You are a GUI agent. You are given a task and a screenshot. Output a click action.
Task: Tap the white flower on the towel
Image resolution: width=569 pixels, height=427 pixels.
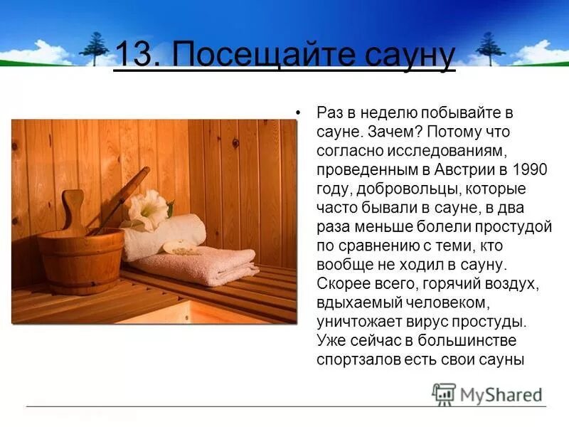tap(149, 209)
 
